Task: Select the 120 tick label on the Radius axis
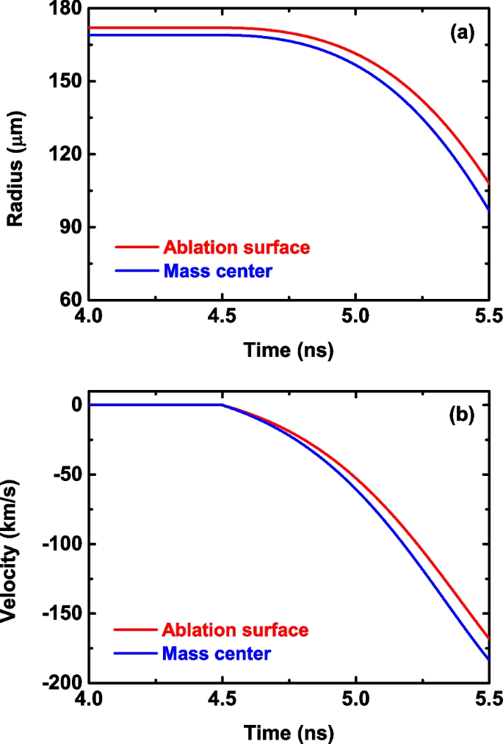[64, 155]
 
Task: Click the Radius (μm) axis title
[18, 154]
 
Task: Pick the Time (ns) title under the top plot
[289, 351]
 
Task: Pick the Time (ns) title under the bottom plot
[289, 732]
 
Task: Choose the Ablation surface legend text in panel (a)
[236, 247]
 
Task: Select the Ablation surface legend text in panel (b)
[236, 629]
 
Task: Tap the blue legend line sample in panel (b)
[136, 652]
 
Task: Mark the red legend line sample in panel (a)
[136, 248]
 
